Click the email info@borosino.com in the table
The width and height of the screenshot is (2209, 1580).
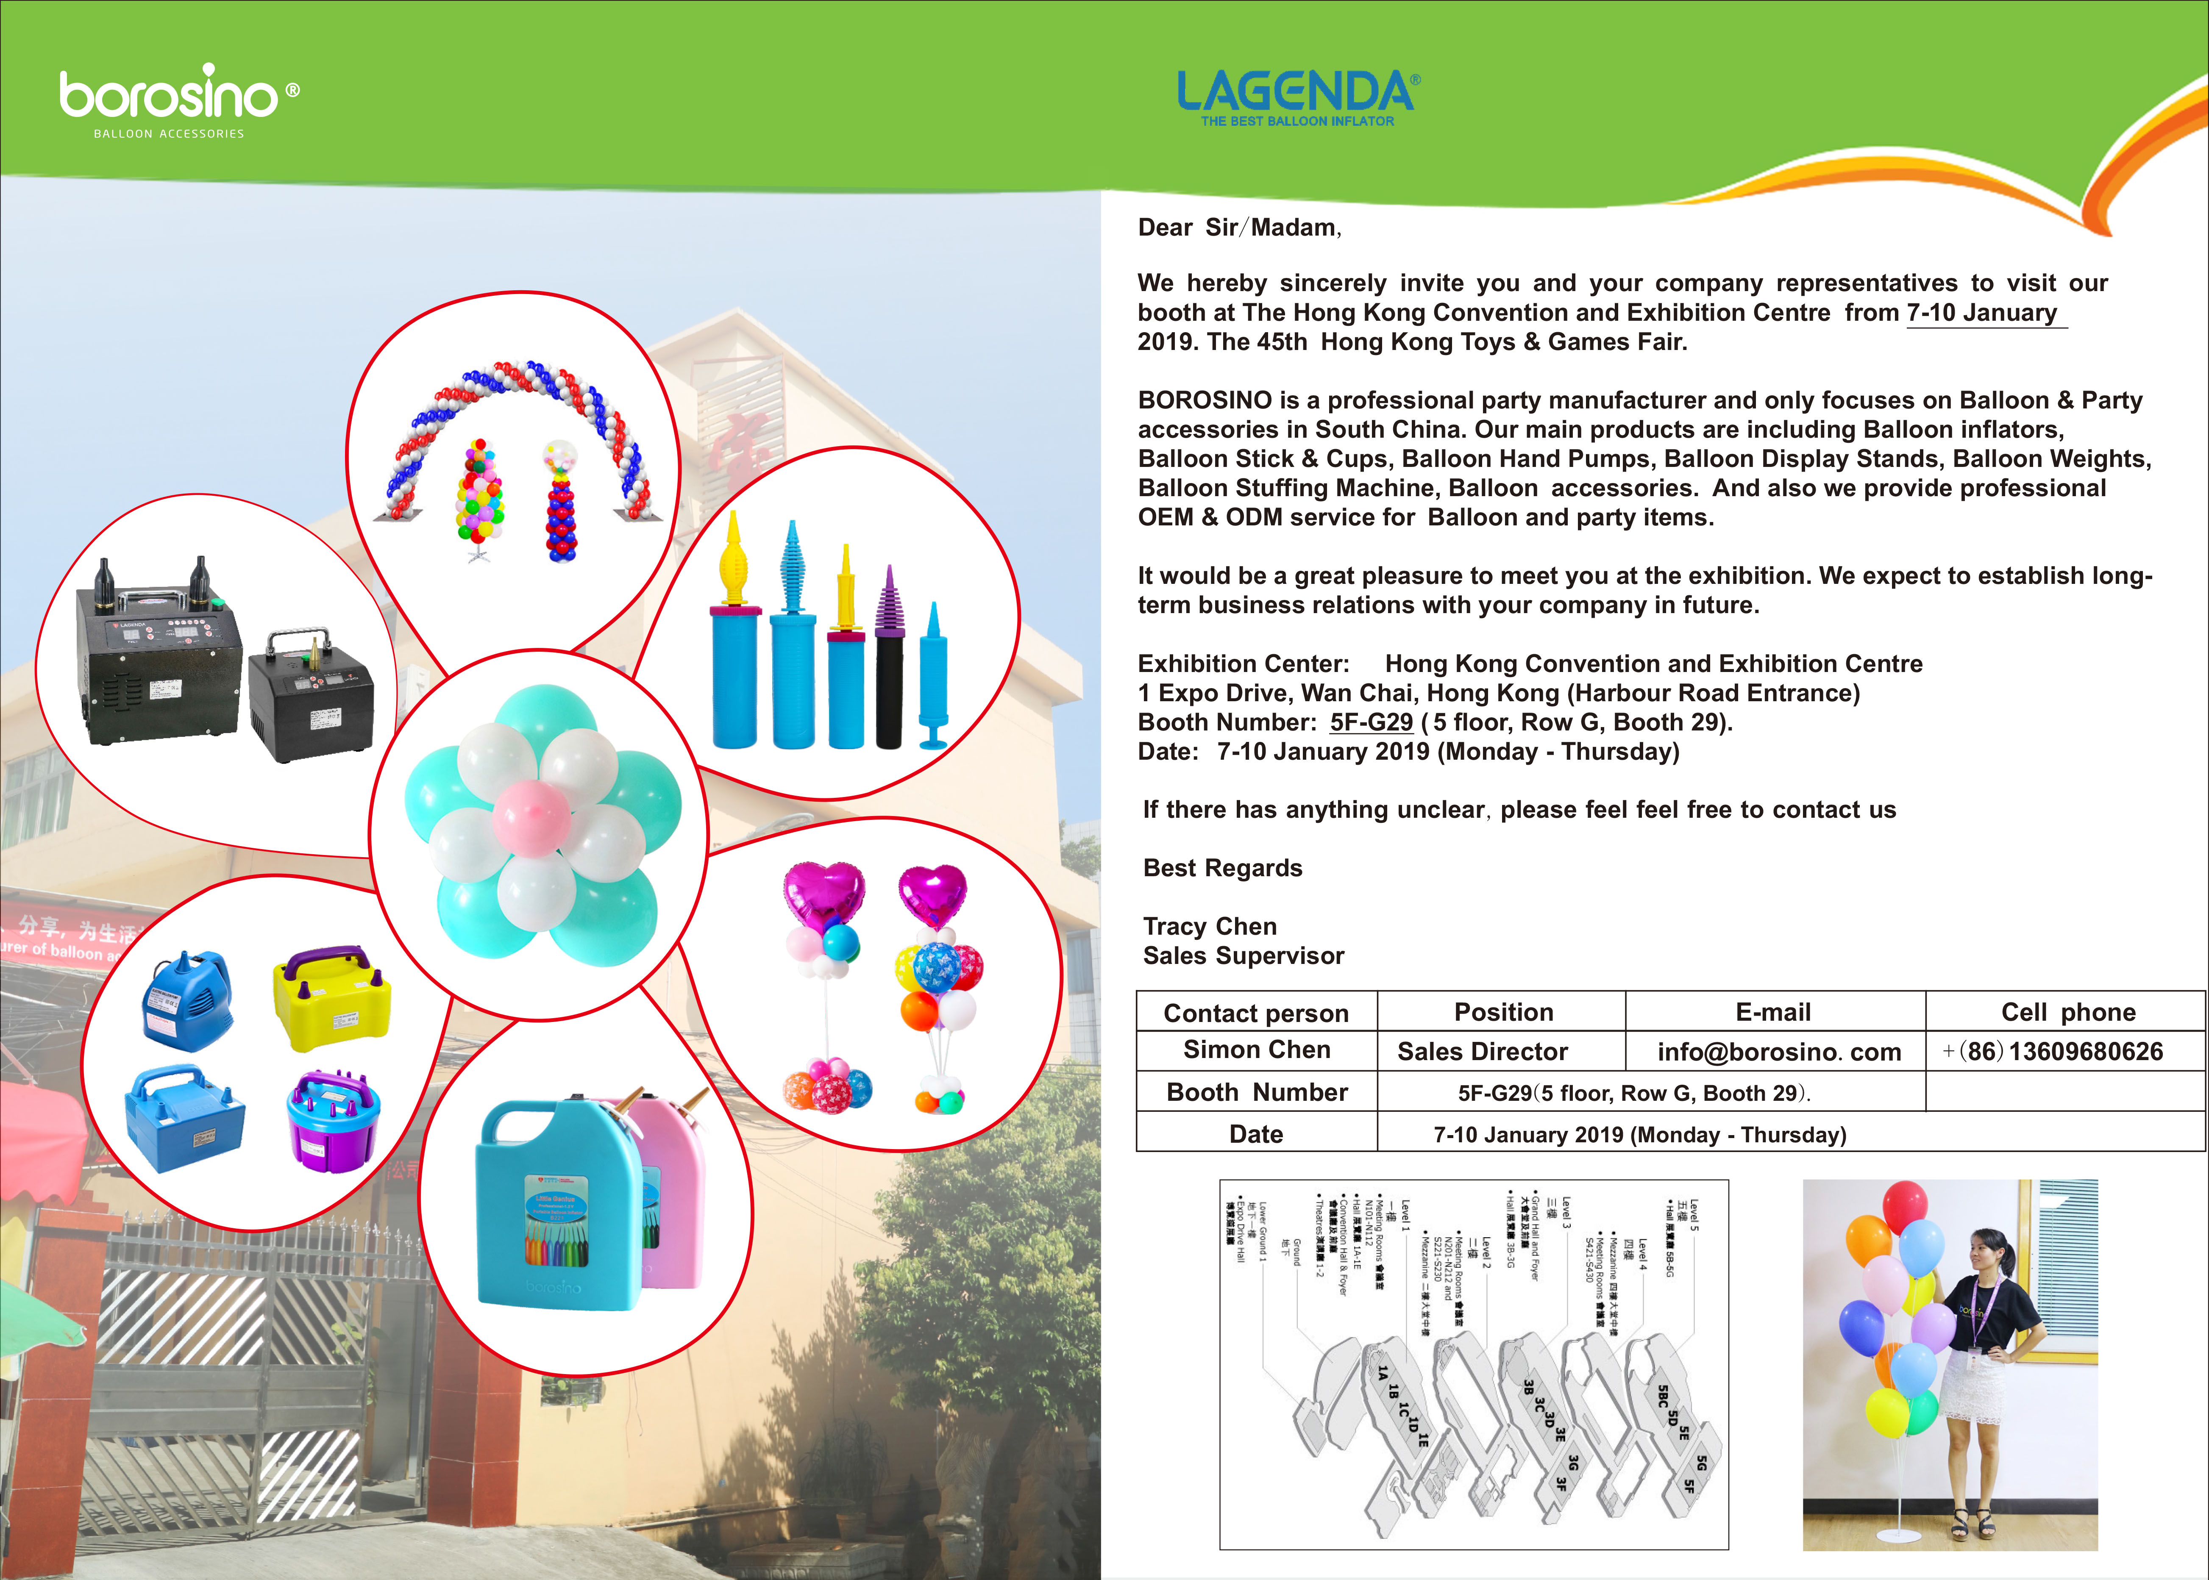point(1779,1052)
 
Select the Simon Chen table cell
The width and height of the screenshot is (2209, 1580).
point(1256,1050)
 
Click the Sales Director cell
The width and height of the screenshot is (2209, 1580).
point(1482,1052)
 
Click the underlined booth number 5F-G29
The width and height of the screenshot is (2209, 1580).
point(1371,722)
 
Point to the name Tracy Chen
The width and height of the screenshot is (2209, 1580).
point(1210,926)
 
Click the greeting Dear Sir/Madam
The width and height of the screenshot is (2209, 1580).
point(1239,228)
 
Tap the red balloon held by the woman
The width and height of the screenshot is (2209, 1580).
point(1904,1206)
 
